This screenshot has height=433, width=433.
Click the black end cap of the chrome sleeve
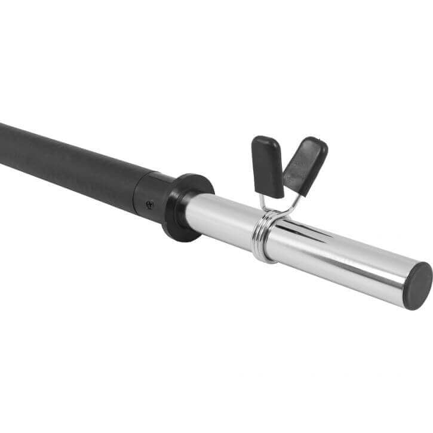(417, 285)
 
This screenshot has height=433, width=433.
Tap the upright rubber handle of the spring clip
(268, 165)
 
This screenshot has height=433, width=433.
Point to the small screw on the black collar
(149, 203)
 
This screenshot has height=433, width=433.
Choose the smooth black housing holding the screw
(152, 194)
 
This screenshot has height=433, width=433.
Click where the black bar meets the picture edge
(2, 143)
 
